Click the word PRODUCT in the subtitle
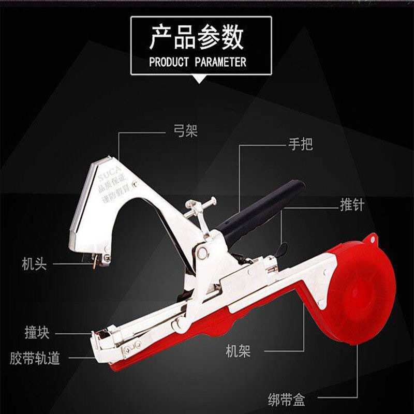point(169,63)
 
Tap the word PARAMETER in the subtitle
point(220,63)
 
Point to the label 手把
point(300,144)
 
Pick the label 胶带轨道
point(35,358)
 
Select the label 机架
point(239,352)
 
